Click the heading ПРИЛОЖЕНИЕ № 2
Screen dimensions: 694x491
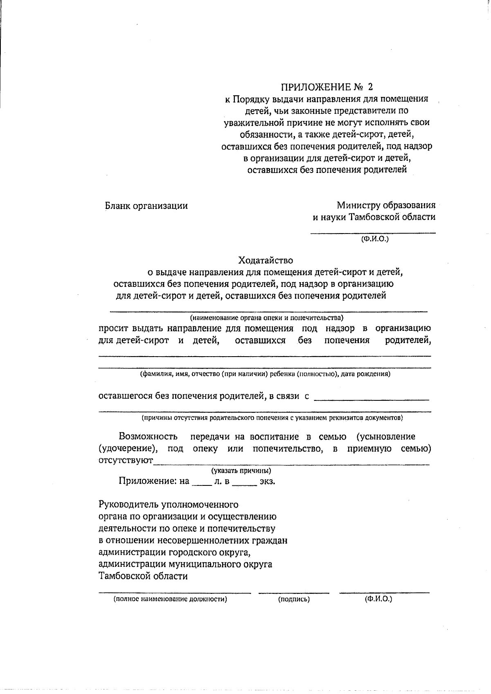click(x=327, y=87)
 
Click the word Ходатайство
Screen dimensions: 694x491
click(x=266, y=260)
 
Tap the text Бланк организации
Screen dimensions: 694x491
click(x=146, y=206)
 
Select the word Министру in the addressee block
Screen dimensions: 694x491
click(x=357, y=205)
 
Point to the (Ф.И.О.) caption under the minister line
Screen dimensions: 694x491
click(x=374, y=238)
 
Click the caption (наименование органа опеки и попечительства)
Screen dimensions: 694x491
click(x=266, y=318)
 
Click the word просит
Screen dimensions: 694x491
click(x=113, y=328)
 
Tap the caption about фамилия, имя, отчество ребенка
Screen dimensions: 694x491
click(x=265, y=374)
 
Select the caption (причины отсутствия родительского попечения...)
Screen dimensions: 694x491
click(x=272, y=418)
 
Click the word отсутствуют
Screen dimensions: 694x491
click(x=126, y=461)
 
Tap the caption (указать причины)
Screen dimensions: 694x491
click(x=241, y=471)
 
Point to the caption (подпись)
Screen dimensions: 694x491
click(x=294, y=600)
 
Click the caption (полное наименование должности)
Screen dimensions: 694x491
click(x=170, y=600)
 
